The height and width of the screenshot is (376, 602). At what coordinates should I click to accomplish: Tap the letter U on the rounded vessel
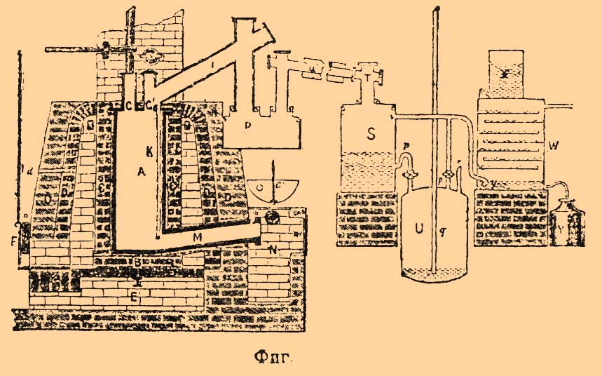(418, 229)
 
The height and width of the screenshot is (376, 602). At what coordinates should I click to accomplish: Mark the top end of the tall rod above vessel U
(436, 8)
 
